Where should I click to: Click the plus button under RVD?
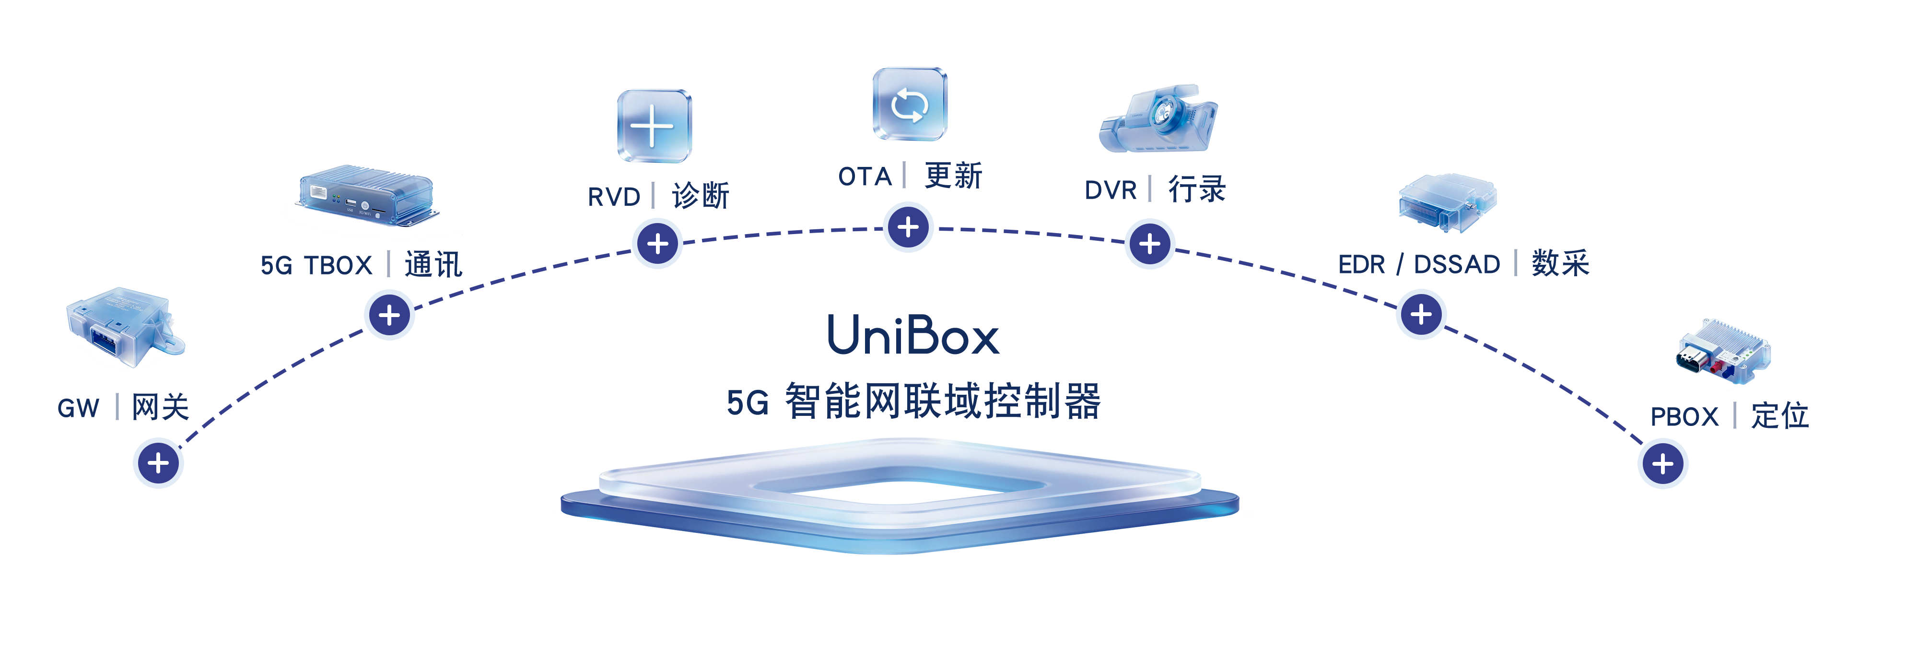657,244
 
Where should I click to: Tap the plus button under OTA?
908,227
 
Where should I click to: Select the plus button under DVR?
1150,244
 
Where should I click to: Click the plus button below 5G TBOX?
389,315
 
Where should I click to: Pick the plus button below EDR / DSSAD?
1421,314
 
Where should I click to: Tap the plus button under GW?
158,463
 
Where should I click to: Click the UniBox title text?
913,335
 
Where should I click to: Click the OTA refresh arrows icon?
909,104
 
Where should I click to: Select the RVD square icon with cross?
654,126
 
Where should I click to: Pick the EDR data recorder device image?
1447,201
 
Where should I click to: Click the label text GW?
78,408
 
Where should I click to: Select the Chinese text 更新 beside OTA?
953,177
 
